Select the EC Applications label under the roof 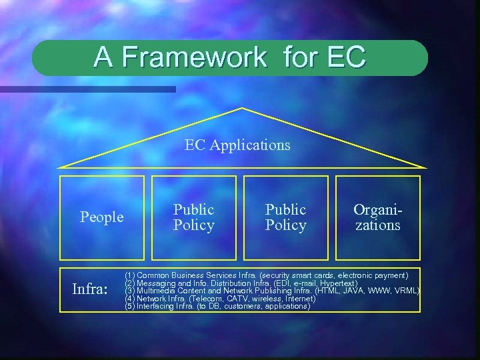[237, 145]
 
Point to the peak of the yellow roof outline [241, 109]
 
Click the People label [101, 217]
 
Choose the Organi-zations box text [377, 217]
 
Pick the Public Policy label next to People [194, 217]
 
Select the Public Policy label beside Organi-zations [285, 217]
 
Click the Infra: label [89, 291]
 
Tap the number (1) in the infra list [130, 275]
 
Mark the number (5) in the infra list [130, 307]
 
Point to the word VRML [406, 291]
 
